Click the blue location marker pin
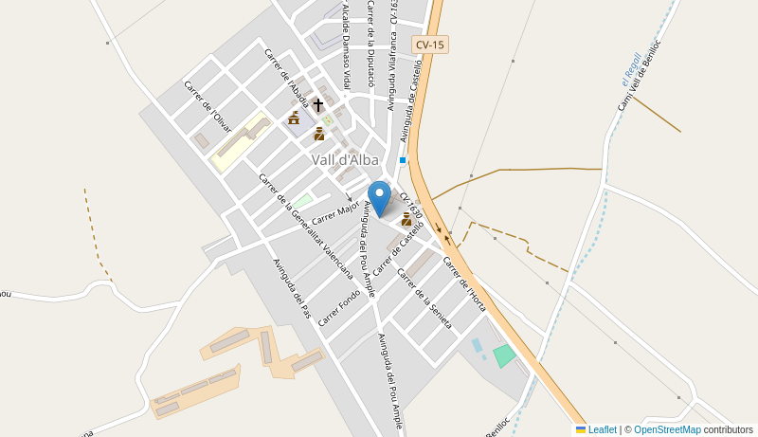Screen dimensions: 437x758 [379, 197]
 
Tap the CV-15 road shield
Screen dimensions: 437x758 [430, 45]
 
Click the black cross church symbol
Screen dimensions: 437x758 [318, 104]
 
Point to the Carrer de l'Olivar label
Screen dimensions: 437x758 [208, 106]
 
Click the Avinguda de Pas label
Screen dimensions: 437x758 [292, 288]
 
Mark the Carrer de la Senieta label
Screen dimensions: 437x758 [424, 299]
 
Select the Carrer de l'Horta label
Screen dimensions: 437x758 [465, 277]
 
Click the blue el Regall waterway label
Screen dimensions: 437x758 [626, 69]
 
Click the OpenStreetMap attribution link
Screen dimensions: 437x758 [668, 429]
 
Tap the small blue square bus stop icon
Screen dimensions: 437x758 [403, 160]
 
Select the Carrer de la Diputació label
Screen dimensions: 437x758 [371, 43]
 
